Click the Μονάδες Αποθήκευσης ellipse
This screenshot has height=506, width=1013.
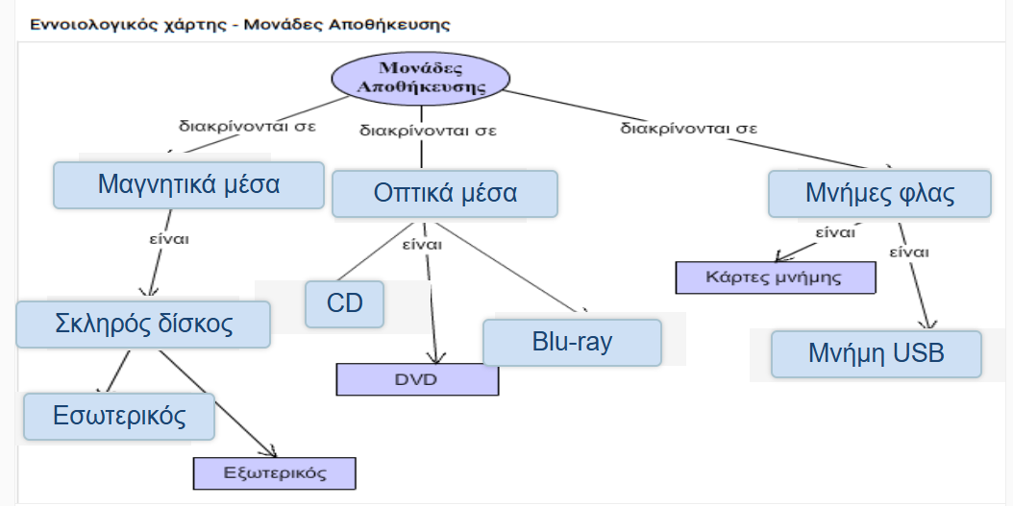[x=421, y=78]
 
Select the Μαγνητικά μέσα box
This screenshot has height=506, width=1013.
[x=188, y=185]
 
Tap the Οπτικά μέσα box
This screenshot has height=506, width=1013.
[x=444, y=194]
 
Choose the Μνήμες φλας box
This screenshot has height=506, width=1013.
[x=879, y=194]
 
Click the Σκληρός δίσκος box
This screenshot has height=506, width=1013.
[x=143, y=324]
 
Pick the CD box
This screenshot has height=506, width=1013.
[x=344, y=303]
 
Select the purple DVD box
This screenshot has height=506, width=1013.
[x=417, y=379]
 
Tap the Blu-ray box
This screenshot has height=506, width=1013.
[x=572, y=342]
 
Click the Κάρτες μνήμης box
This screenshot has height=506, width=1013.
[x=776, y=277]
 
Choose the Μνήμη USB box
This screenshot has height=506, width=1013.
[x=876, y=353]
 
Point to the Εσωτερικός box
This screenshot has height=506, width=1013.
[x=119, y=417]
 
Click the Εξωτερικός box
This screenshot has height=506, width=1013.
[x=275, y=473]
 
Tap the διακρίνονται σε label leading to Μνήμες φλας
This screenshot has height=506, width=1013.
[x=689, y=128]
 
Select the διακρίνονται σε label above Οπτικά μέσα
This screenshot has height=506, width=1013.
[x=428, y=131]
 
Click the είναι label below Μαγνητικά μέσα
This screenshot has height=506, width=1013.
[x=169, y=238]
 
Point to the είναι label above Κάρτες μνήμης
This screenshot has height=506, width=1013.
[x=835, y=232]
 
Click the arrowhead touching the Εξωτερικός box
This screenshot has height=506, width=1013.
[x=270, y=451]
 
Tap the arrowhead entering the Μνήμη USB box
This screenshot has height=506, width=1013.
[x=929, y=324]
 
